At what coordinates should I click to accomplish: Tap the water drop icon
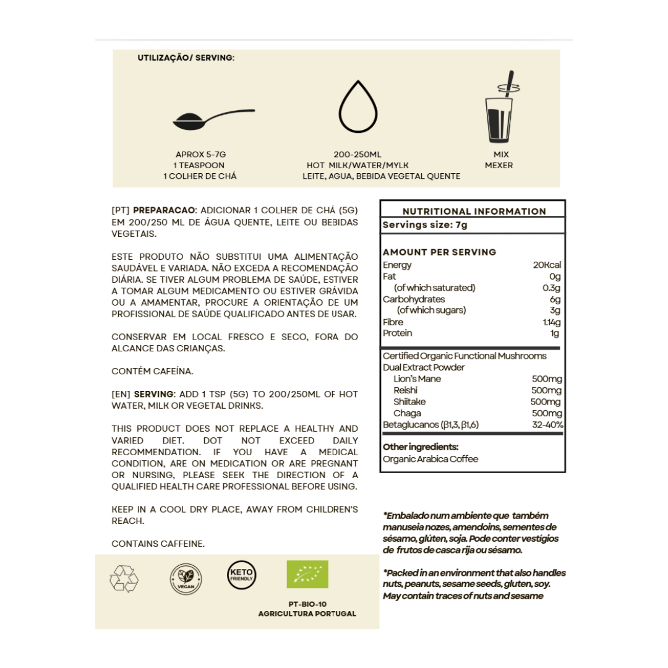click(x=358, y=110)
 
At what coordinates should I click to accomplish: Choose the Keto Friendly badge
click(x=241, y=575)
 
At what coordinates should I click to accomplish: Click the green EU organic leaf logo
click(x=307, y=575)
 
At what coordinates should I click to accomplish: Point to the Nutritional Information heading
click(x=474, y=211)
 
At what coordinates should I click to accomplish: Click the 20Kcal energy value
click(x=547, y=265)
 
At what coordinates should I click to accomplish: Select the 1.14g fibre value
click(x=552, y=322)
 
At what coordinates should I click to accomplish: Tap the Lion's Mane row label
click(x=417, y=379)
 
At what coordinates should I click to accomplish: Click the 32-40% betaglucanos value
click(x=547, y=425)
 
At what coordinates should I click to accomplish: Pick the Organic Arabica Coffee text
click(x=430, y=459)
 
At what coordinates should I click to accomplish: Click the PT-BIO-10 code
click(x=307, y=604)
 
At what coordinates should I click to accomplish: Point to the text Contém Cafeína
click(x=152, y=371)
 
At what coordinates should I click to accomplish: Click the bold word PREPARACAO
click(x=165, y=210)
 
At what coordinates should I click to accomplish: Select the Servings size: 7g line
click(x=425, y=225)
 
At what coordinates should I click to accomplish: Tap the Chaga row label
click(x=407, y=413)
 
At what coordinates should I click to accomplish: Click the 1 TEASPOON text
click(x=200, y=165)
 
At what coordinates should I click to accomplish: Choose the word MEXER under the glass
click(x=499, y=165)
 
